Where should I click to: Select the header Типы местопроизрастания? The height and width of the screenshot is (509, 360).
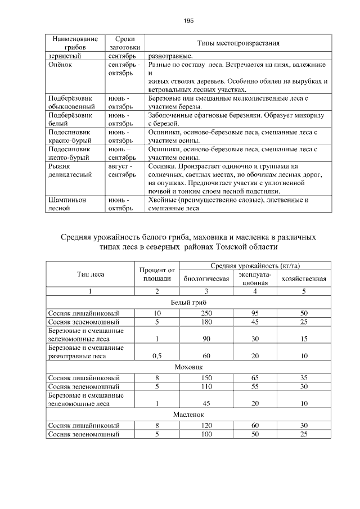click(x=238, y=43)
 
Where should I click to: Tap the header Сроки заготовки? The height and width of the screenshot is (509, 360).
click(x=124, y=44)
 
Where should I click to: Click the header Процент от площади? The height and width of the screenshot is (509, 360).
click(x=157, y=274)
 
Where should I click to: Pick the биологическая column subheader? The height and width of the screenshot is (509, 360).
click(x=206, y=278)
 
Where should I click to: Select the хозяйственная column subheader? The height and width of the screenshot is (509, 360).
click(x=303, y=278)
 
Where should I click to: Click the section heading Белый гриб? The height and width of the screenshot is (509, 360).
click(x=187, y=302)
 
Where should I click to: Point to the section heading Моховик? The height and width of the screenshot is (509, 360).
click(x=187, y=366)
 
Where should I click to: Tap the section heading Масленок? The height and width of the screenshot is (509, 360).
click(x=187, y=415)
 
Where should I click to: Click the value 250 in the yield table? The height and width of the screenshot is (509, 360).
click(x=206, y=313)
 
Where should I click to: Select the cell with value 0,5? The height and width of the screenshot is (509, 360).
click(x=157, y=355)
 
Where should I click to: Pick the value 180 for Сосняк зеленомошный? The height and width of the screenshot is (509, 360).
click(x=206, y=322)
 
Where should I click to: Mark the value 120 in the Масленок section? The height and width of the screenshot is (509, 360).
click(x=206, y=425)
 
